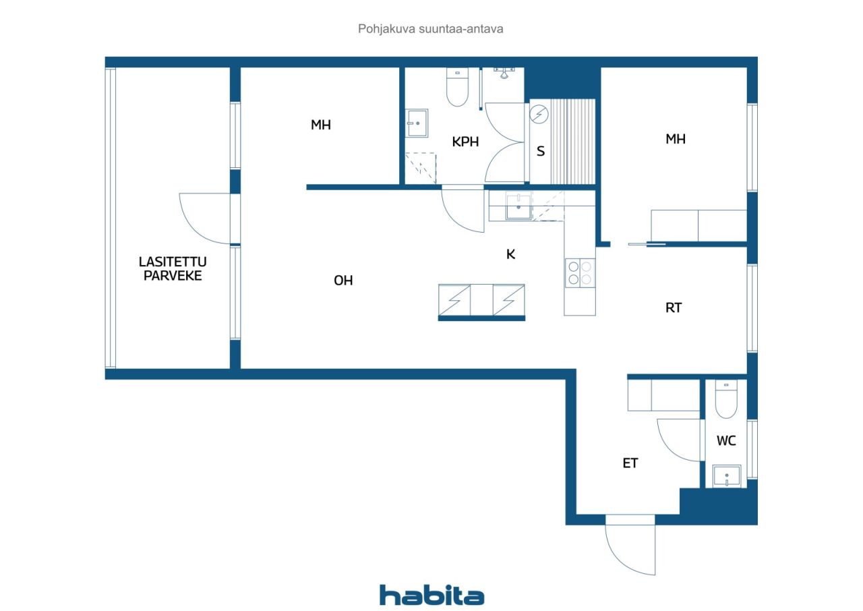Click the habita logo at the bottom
click(x=431, y=595)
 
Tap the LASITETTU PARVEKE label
click(x=173, y=268)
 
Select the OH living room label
click(x=343, y=281)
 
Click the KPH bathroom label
click(x=465, y=142)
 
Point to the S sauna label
click(x=540, y=152)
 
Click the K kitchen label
click(x=511, y=254)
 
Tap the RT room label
click(x=673, y=308)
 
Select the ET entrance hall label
click(x=630, y=463)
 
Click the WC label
click(x=726, y=441)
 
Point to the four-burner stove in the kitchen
click(x=580, y=272)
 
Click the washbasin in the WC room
click(x=727, y=476)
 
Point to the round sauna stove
click(x=539, y=115)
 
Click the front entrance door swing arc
click(x=630, y=546)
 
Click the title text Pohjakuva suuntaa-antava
click(x=431, y=29)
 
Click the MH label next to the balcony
click(x=321, y=125)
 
